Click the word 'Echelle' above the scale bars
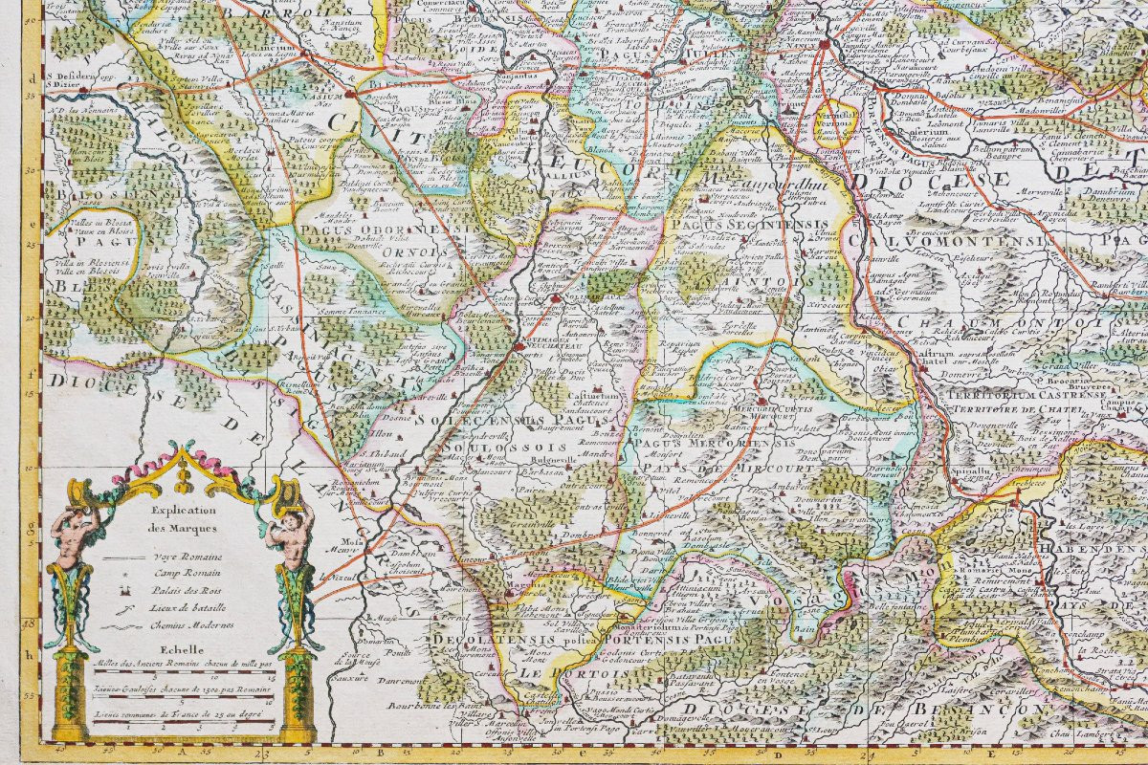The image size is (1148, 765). coord(182,647)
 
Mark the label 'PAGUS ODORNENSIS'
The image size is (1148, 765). coord(368,229)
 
